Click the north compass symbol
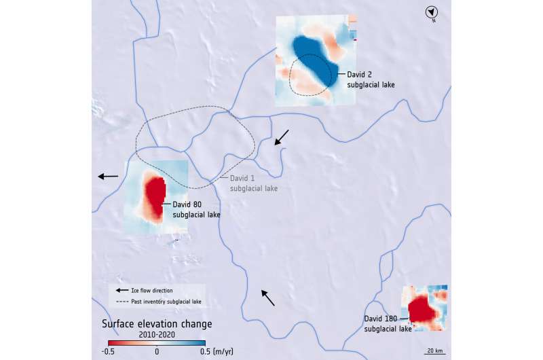(430, 12)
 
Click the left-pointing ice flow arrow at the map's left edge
(108, 177)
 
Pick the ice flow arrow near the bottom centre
(269, 298)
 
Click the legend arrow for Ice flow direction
(121, 291)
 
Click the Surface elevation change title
(157, 323)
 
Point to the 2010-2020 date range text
(157, 334)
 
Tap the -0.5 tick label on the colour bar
(108, 351)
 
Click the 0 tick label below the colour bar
(157, 351)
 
